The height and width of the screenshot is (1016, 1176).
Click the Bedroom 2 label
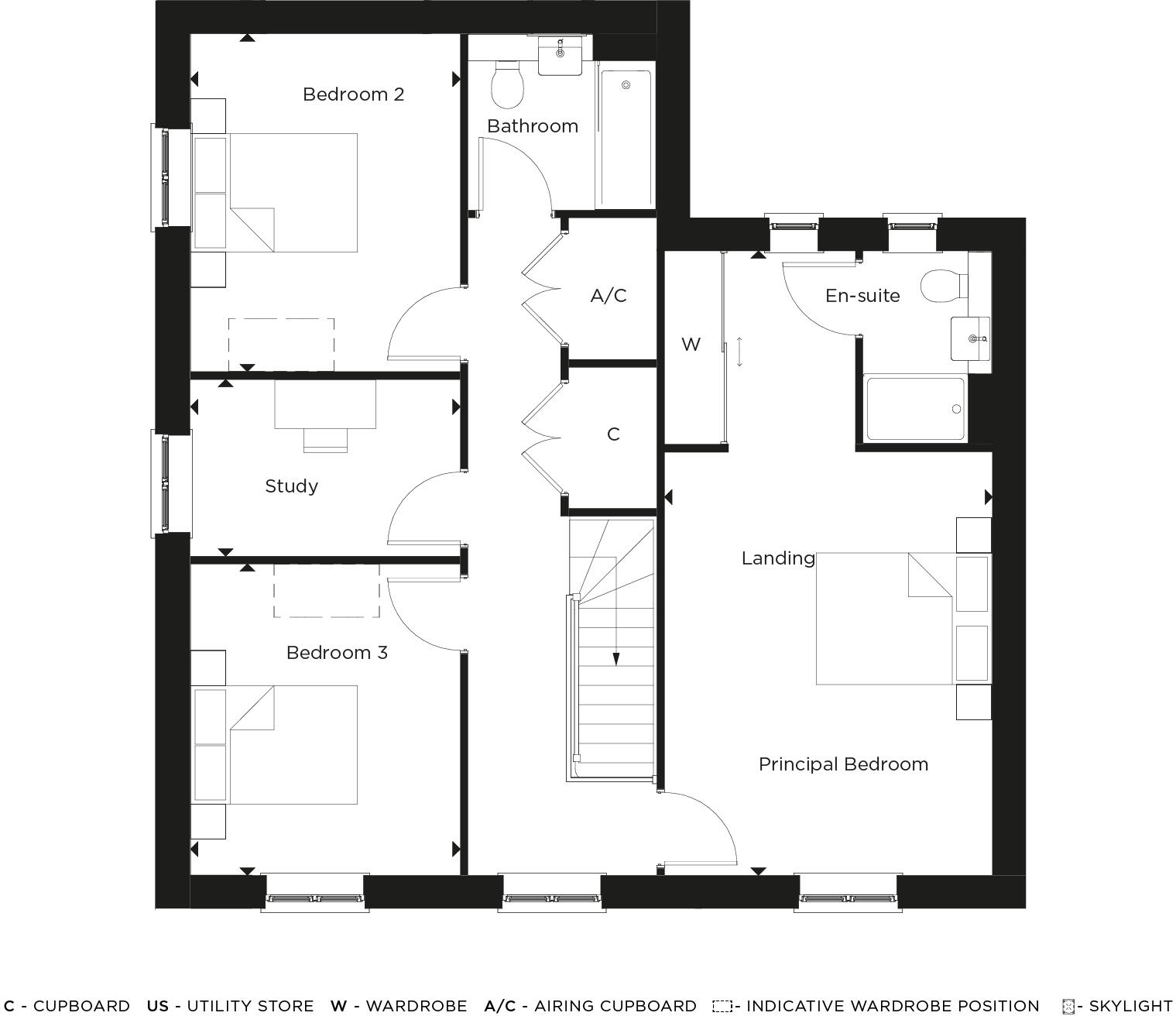click(353, 94)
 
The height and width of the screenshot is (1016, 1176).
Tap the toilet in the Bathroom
click(508, 85)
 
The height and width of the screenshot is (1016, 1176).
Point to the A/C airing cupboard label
click(609, 296)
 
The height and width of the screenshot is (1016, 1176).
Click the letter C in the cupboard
click(613, 434)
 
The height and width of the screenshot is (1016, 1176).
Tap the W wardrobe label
click(691, 345)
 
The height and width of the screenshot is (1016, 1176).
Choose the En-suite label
click(862, 296)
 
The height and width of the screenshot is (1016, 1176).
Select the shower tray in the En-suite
click(915, 408)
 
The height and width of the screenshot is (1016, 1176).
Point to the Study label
click(291, 486)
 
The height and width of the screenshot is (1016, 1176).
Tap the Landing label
click(778, 558)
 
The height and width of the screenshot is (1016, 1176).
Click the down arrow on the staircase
click(616, 658)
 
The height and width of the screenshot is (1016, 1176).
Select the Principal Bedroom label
click(843, 764)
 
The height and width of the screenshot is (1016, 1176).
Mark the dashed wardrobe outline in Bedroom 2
click(281, 344)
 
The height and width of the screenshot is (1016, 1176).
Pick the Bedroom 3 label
click(337, 653)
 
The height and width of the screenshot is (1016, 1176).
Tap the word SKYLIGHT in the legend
click(1130, 1006)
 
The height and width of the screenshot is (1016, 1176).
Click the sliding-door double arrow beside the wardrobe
click(739, 352)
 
